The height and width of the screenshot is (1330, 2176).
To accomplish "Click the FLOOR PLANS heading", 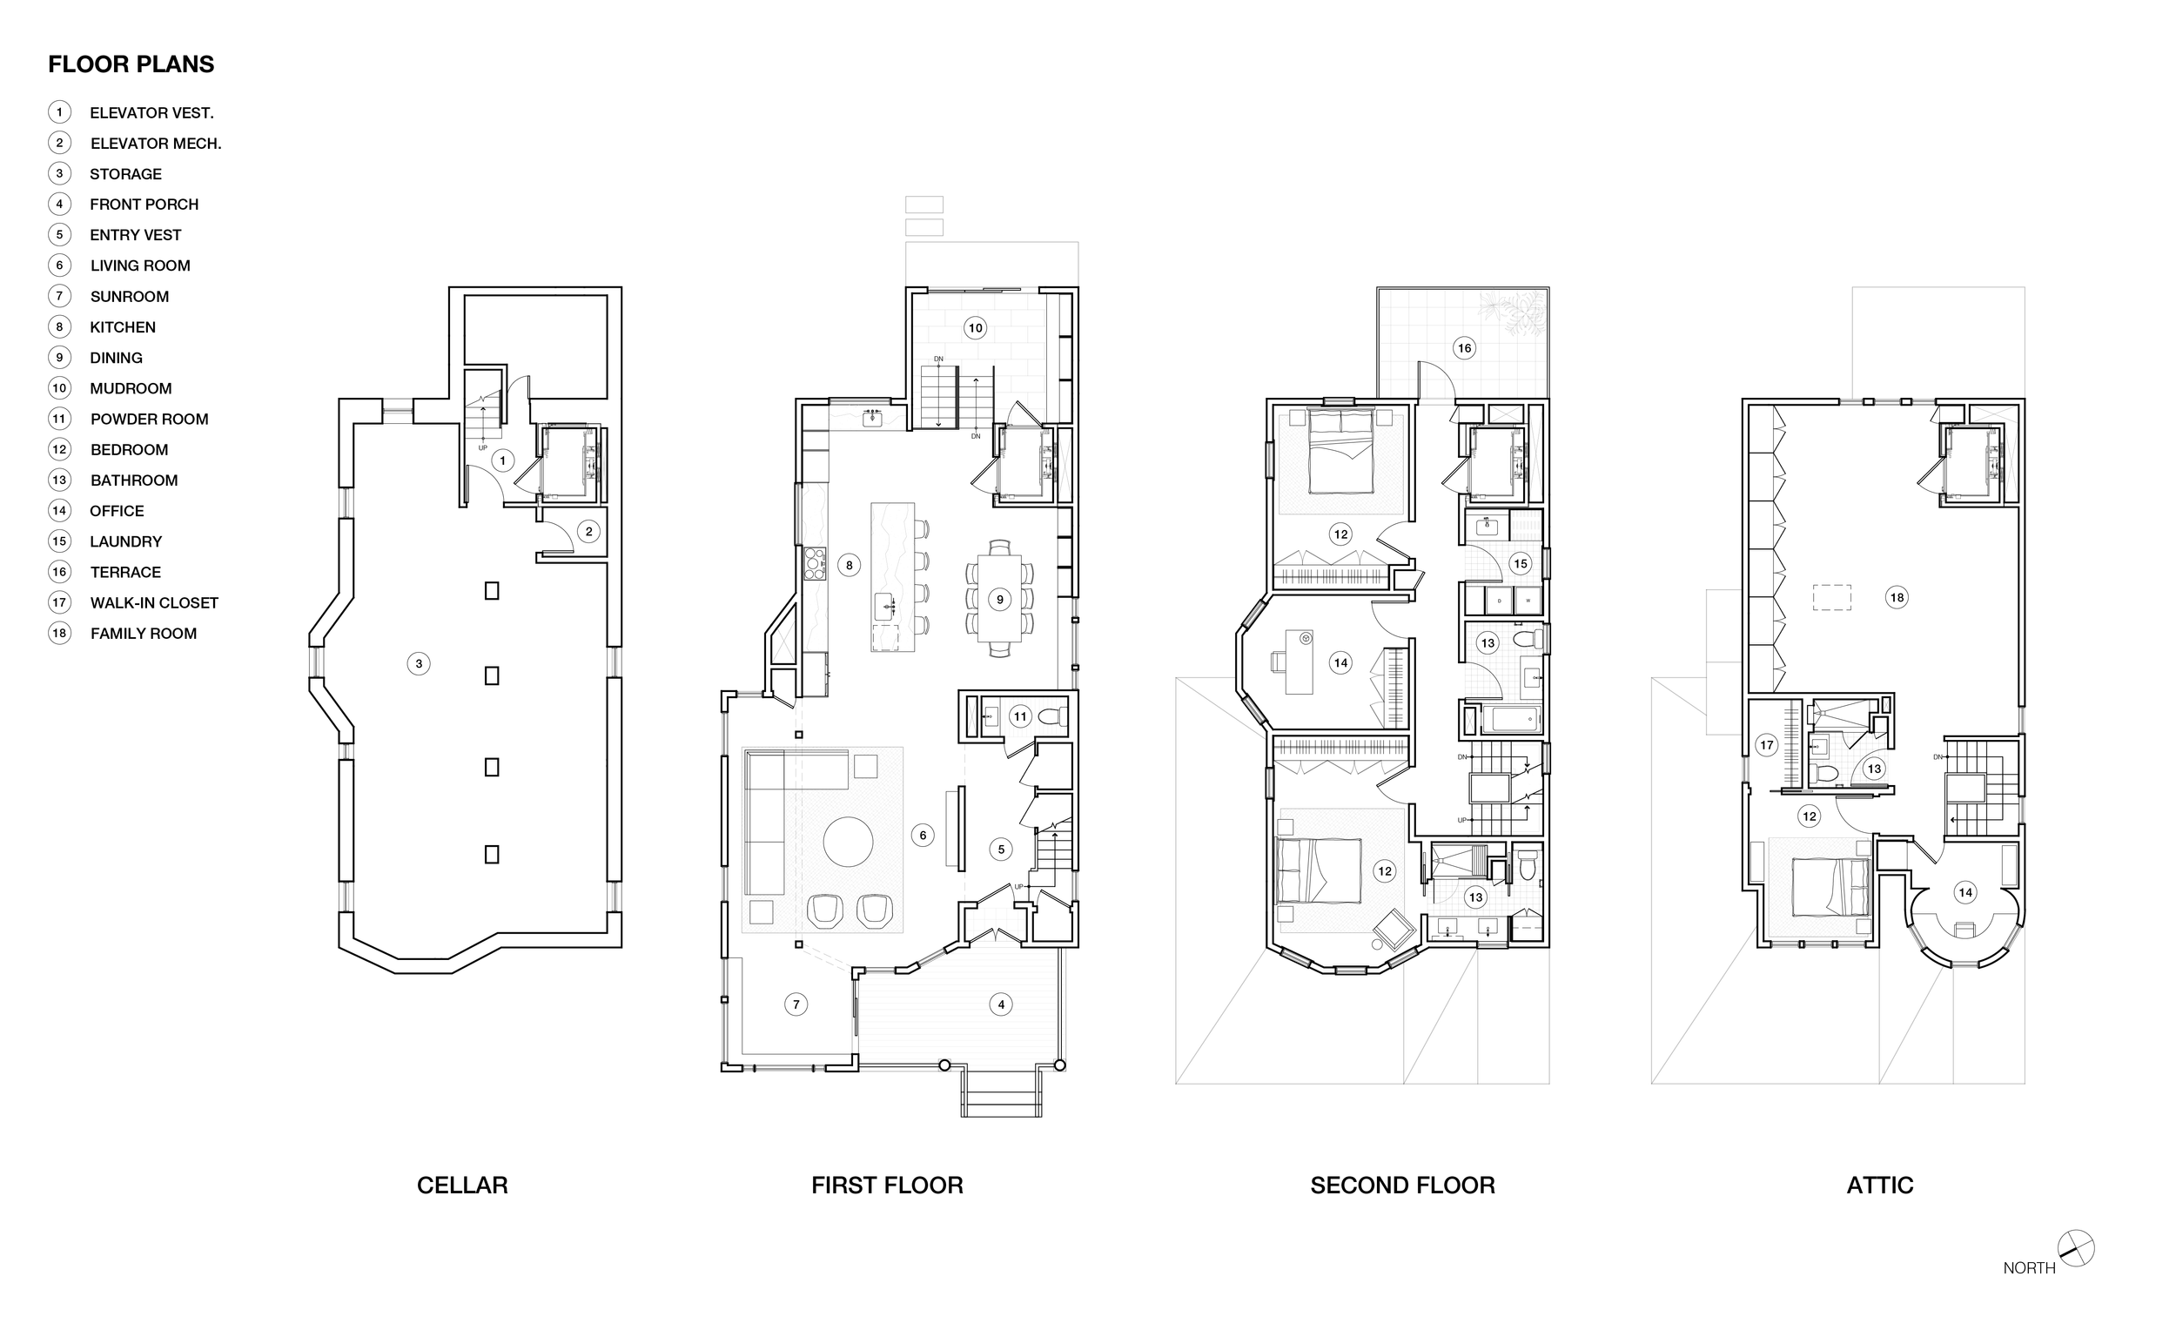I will [131, 64].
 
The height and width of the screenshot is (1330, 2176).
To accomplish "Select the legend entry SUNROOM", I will [129, 297].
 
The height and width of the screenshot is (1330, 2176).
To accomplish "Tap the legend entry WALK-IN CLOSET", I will [154, 603].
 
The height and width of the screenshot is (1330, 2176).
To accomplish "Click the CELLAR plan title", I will [462, 1186].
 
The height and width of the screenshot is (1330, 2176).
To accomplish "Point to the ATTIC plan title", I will [1879, 1186].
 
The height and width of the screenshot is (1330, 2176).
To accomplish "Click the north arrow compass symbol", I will [2075, 1248].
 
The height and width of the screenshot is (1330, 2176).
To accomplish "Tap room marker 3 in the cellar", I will [419, 663].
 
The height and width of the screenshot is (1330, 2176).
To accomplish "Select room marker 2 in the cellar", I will [589, 532].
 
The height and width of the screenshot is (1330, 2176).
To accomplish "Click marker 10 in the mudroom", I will [975, 327].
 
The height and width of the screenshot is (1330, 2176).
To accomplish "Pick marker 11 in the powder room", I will [1020, 716].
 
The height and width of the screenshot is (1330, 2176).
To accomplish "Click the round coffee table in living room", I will [848, 842].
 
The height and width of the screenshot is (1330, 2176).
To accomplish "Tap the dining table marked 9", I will [1000, 600].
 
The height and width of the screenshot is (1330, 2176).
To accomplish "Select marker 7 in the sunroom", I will [796, 1004].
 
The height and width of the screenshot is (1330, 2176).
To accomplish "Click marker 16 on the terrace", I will [1464, 348].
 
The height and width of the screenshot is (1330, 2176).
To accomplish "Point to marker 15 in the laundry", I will [1520, 563].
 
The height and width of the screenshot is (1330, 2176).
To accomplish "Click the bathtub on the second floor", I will [1510, 720].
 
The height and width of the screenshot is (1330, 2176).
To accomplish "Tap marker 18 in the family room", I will [1896, 598].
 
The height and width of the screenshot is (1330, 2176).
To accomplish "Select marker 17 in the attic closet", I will [1766, 745].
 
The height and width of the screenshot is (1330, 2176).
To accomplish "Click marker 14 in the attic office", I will [1965, 893].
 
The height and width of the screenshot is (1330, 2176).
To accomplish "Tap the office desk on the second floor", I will [1298, 662].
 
